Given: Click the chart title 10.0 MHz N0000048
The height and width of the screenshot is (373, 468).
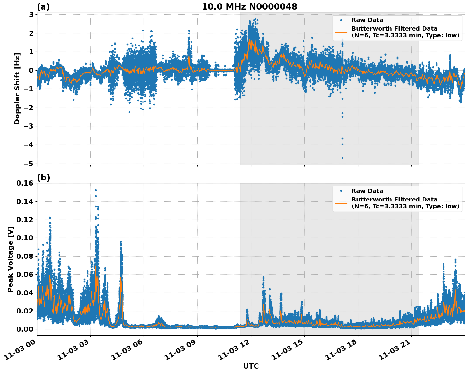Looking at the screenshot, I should (x=249, y=7).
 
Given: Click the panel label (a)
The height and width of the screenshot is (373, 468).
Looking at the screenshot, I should (x=43, y=7).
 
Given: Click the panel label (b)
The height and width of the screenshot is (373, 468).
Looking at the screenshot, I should (x=44, y=178).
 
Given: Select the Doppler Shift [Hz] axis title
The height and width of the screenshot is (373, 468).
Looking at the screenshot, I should (x=17, y=88).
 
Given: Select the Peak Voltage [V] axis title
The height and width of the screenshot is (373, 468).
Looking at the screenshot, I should (x=10, y=259).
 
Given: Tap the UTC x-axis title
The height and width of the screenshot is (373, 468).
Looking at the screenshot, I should (x=251, y=366).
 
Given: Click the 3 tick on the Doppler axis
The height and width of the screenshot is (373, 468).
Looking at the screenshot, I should (x=31, y=14).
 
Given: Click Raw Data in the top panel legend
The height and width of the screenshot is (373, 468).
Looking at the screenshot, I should (x=367, y=20).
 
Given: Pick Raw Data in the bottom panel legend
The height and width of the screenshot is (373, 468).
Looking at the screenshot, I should (x=367, y=191).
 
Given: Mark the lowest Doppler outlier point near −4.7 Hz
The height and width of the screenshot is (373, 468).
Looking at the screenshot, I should (x=342, y=158).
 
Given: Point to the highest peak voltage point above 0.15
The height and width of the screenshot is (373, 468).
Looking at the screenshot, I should (x=96, y=190).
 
